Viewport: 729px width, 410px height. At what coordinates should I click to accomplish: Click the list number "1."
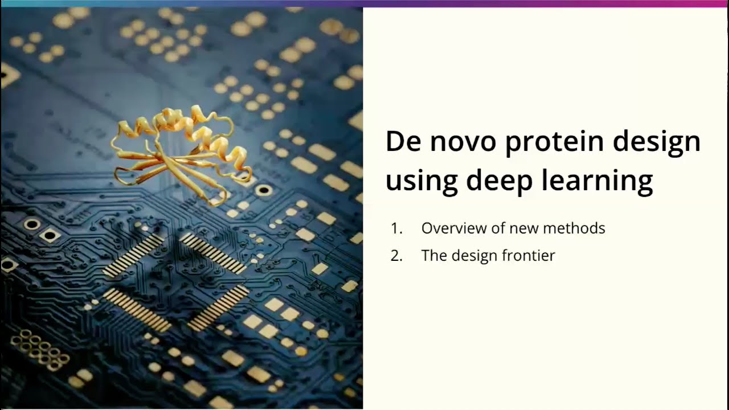click(x=397, y=228)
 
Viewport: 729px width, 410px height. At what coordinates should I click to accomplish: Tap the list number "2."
click(x=397, y=256)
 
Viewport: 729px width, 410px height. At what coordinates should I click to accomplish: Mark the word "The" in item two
click(x=434, y=256)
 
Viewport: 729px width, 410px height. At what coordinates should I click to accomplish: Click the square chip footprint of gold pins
click(x=176, y=282)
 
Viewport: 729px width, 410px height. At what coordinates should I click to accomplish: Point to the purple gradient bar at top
click(x=547, y=3)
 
